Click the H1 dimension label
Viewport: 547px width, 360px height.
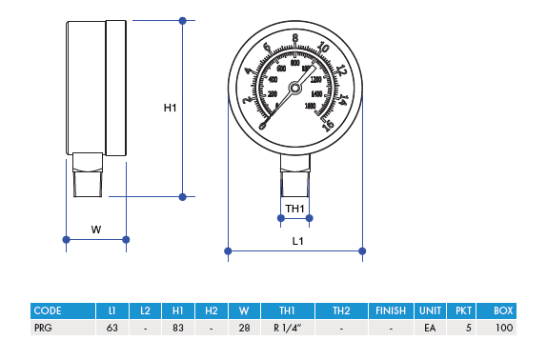[x=170, y=108]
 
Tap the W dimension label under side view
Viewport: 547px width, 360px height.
[x=95, y=229]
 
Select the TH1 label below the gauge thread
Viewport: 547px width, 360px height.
[x=294, y=209]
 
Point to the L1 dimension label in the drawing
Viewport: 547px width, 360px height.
[x=297, y=242]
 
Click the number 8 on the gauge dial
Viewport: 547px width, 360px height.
[x=295, y=39]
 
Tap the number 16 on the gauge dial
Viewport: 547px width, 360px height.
[x=328, y=124]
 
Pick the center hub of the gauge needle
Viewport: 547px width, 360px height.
[x=294, y=88]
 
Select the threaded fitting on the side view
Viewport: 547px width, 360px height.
[x=88, y=175]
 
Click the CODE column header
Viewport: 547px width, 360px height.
[x=48, y=310]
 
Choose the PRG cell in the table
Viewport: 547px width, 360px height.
[x=44, y=328]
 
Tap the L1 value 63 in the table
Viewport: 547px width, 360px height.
[x=112, y=328]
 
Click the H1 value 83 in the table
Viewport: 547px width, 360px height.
[x=178, y=328]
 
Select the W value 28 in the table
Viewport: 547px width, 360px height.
[x=244, y=328]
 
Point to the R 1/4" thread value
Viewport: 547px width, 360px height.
[x=287, y=328]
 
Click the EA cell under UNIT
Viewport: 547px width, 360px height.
[x=430, y=328]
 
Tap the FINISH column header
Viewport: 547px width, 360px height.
[x=391, y=310]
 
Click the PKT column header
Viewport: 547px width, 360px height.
[x=463, y=310]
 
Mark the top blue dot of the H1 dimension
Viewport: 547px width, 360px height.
[x=183, y=20]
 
